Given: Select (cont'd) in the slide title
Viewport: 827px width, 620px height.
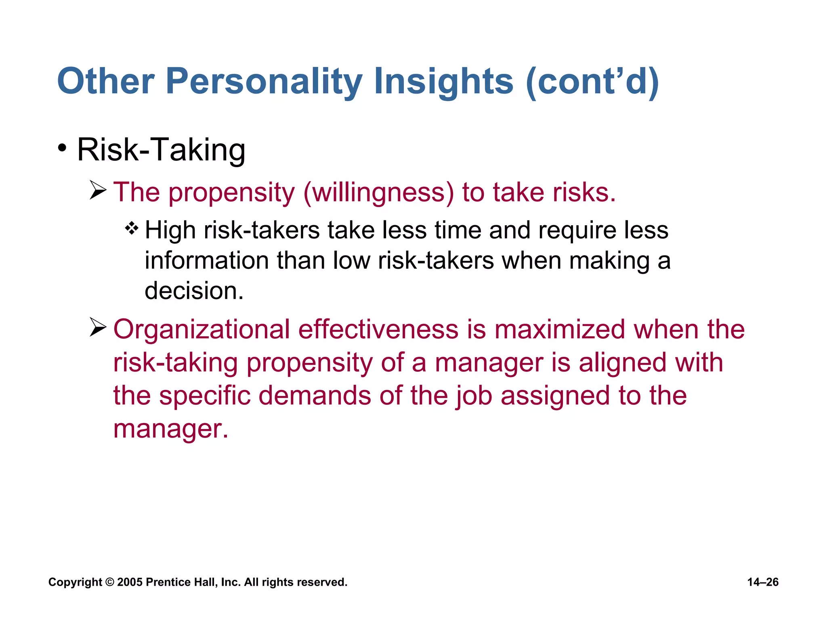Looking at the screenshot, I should pyautogui.click(x=592, y=82).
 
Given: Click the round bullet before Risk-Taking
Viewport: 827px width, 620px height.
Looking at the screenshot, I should pyautogui.click(x=62, y=148).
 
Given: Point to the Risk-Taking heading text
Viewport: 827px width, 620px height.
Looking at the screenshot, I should pyautogui.click(x=161, y=150).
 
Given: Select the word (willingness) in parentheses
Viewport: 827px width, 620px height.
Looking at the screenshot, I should pyautogui.click(x=379, y=193).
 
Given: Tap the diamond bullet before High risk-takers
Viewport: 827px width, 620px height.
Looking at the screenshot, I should pyautogui.click(x=132, y=229).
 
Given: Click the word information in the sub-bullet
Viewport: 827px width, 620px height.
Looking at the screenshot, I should pyautogui.click(x=206, y=260).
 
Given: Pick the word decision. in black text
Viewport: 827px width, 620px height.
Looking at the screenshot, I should pyautogui.click(x=194, y=291).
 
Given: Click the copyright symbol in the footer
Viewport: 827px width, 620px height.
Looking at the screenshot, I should pyautogui.click(x=109, y=582).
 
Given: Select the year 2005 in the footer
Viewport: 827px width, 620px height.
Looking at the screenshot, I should pyautogui.click(x=130, y=582).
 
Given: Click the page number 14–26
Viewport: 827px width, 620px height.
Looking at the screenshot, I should pyautogui.click(x=762, y=582).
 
